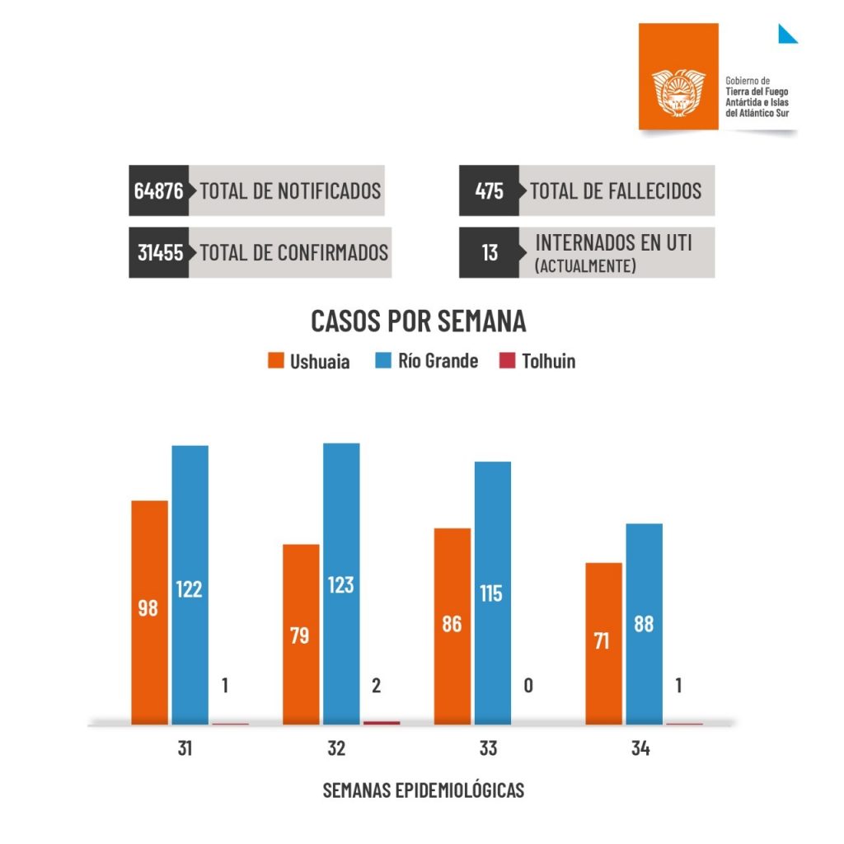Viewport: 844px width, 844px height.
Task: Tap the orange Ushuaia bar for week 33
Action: point(452,626)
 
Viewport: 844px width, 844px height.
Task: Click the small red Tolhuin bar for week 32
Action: point(382,723)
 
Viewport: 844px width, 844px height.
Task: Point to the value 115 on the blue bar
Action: point(491,593)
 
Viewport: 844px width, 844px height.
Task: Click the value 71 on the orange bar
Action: point(603,640)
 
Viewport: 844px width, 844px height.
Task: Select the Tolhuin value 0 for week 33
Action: point(527,685)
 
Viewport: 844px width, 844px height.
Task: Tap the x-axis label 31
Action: point(185,749)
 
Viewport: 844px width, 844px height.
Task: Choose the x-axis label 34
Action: point(640,749)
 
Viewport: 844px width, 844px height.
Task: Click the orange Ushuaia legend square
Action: point(276,361)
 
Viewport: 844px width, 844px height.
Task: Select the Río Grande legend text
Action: point(438,361)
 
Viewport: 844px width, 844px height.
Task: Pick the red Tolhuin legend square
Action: point(507,361)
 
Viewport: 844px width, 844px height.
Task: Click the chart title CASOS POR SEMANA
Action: point(418,321)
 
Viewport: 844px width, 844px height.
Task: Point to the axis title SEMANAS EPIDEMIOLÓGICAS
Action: point(423,790)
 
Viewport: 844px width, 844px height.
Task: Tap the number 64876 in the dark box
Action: point(159,190)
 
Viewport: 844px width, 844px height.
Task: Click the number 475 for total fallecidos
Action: point(490,191)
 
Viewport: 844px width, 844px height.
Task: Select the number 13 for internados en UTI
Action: point(490,252)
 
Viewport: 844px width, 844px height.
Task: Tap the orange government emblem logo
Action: point(678,90)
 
